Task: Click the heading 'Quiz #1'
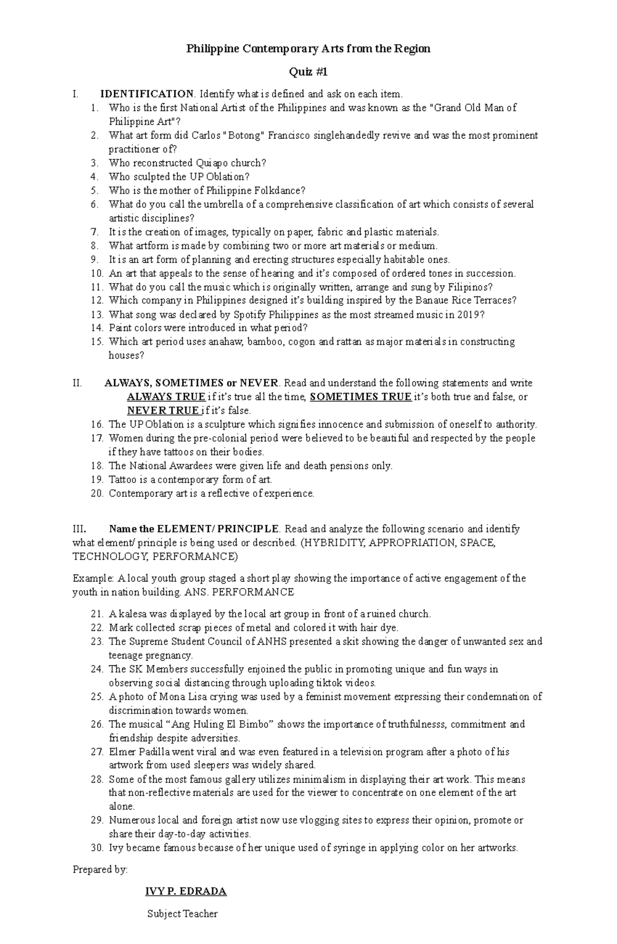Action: click(x=308, y=73)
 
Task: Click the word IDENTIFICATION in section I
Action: click(x=147, y=94)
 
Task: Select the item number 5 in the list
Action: click(x=94, y=190)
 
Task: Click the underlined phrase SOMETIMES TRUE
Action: click(x=361, y=397)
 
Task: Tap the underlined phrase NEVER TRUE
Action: click(x=163, y=411)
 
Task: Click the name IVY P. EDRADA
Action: click(x=186, y=891)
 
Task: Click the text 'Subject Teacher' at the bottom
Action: click(x=183, y=914)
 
